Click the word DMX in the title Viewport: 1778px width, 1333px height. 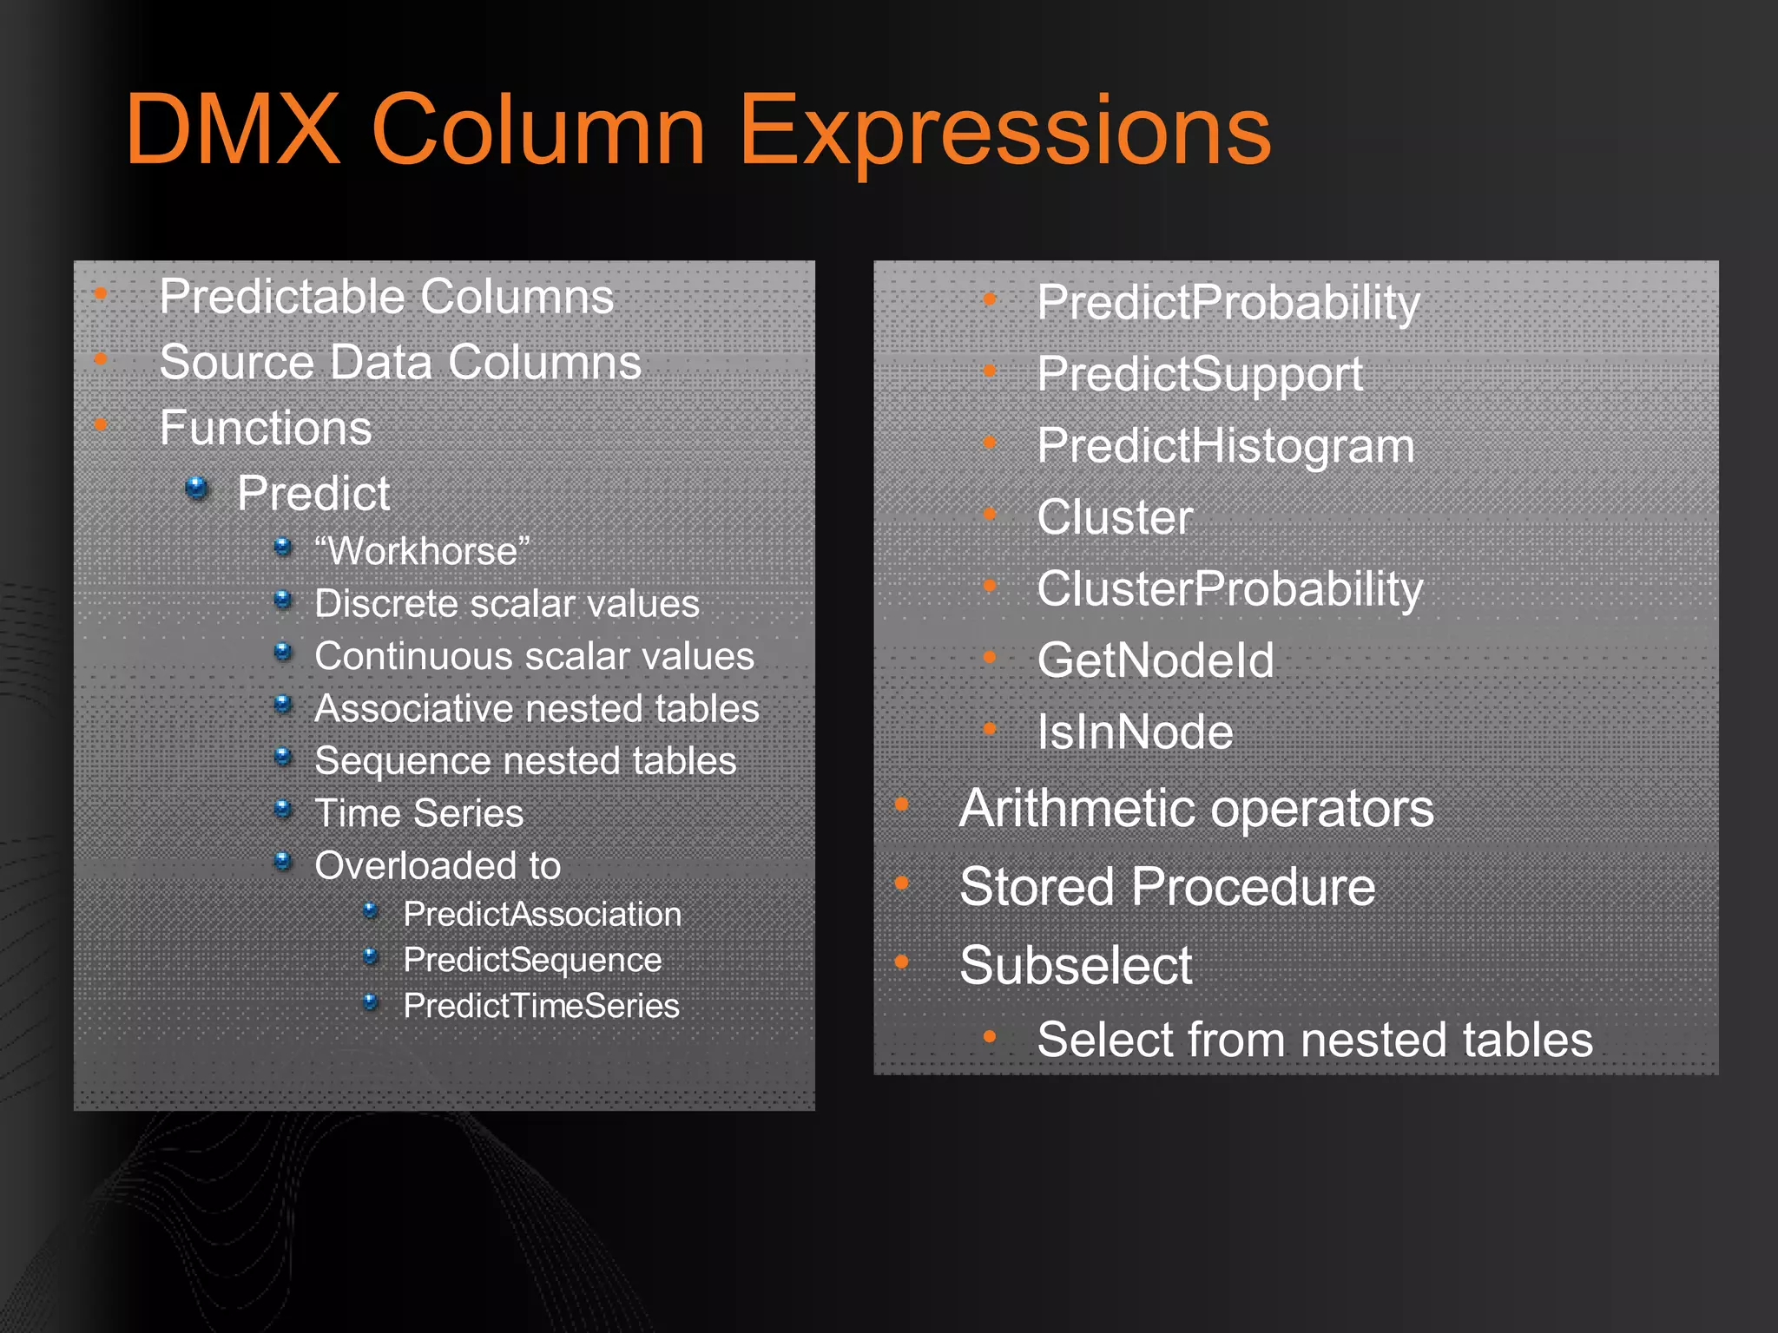point(233,130)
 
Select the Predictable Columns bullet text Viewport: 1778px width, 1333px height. point(386,297)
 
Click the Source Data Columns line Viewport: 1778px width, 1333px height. point(400,362)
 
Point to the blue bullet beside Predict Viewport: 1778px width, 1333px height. point(197,489)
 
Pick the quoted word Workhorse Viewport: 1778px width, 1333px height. point(422,551)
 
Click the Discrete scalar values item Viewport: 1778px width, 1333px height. point(506,604)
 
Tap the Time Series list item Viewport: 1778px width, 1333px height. point(418,813)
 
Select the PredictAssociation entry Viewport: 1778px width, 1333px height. point(542,914)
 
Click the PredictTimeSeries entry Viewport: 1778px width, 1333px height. point(541,1006)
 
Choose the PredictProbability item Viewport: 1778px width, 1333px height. point(1228,303)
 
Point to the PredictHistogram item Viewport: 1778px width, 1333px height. point(1225,446)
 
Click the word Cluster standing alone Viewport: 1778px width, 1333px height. point(1115,517)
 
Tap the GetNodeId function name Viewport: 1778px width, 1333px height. point(1155,660)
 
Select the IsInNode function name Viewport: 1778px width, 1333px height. point(1135,732)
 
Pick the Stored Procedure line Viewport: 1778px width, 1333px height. point(1167,887)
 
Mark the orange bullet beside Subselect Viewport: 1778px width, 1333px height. point(902,962)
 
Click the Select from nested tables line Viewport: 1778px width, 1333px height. point(1314,1040)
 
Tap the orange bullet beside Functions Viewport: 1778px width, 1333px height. point(101,424)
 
